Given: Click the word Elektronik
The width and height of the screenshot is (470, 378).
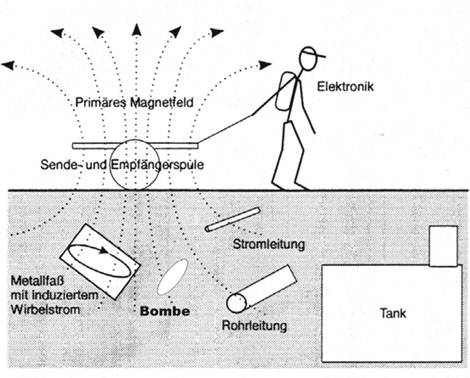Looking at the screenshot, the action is [x=345, y=87].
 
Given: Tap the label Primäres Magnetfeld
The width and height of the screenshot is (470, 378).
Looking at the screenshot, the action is [x=134, y=102].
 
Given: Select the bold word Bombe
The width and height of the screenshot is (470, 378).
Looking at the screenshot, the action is [x=165, y=311].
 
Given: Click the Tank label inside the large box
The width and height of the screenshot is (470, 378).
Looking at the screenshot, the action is [x=393, y=313].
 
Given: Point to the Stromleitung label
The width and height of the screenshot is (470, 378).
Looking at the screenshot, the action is [x=269, y=244].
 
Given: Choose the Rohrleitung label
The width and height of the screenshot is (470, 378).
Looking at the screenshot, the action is [x=254, y=325].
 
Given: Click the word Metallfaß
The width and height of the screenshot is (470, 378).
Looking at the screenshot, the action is [x=37, y=281].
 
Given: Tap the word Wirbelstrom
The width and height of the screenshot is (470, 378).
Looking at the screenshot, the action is [x=45, y=309].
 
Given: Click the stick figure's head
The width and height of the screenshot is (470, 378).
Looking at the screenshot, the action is [x=308, y=59].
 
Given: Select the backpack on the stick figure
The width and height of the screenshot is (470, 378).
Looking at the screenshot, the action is [x=284, y=91].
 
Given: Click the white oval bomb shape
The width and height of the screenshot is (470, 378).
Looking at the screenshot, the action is [x=172, y=277].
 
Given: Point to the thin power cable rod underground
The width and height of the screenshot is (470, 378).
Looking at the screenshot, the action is [x=232, y=219].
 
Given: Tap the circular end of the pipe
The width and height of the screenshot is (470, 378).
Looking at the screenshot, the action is [x=237, y=303].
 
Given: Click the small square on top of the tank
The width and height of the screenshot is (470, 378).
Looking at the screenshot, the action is [x=443, y=246].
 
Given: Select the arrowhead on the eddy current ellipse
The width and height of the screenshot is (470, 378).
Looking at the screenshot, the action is [x=104, y=250].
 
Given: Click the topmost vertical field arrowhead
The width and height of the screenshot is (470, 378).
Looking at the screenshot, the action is [x=136, y=29].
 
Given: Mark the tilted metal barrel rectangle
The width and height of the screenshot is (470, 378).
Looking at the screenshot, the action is [x=100, y=262].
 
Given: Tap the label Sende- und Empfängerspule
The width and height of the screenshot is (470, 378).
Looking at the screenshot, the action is [x=122, y=165].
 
